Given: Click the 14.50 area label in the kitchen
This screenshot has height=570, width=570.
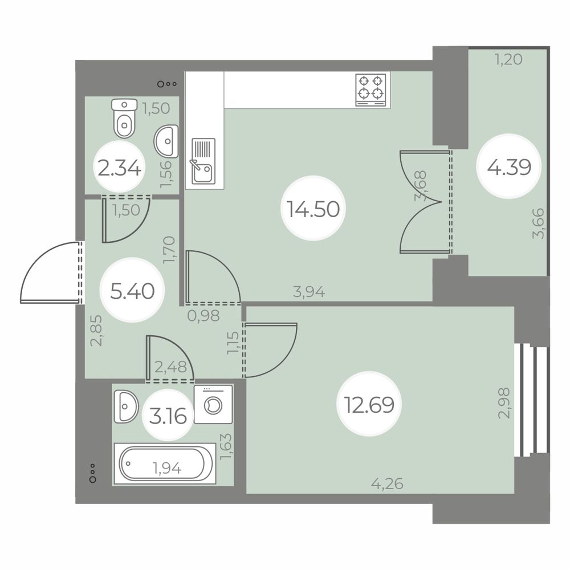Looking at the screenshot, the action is pos(313,209).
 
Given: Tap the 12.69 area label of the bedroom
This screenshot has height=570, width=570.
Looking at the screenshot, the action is pos(369,405).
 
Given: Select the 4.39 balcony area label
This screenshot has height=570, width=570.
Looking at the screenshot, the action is pos(509,167).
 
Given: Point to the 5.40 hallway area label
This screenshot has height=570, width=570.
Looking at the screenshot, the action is pos(132,291).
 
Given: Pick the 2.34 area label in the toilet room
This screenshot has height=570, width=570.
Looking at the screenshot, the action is pos(120,168).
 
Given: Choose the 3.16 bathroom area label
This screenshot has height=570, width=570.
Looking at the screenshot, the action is pos(168,416).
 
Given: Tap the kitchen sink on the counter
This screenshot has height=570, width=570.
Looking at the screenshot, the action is pos(203,161).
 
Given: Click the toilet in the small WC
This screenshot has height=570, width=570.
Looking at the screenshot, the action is pos(124,118).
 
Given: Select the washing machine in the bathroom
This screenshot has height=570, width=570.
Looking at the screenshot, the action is pos(213,404).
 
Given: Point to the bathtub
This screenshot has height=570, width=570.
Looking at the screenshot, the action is pos(165,463).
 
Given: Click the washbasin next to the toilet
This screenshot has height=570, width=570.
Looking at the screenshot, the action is pos(166,141).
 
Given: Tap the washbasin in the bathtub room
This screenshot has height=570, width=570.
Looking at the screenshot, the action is pos(126,406).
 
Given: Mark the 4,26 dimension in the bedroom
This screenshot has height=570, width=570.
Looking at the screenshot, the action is pos(387,484).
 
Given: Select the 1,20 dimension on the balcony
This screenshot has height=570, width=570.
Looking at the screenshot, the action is pos(508,59).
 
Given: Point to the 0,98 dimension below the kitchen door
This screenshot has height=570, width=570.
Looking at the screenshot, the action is pos(203,316).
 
